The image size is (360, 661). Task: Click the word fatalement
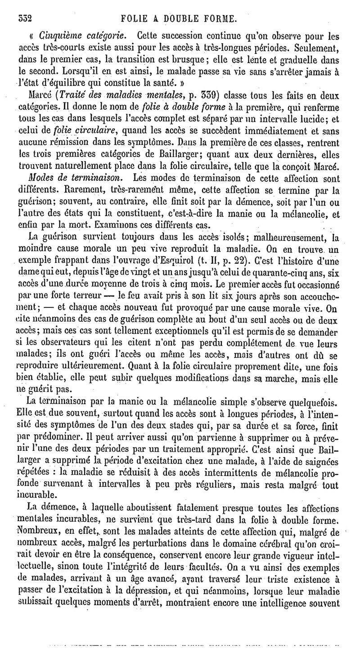181,505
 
